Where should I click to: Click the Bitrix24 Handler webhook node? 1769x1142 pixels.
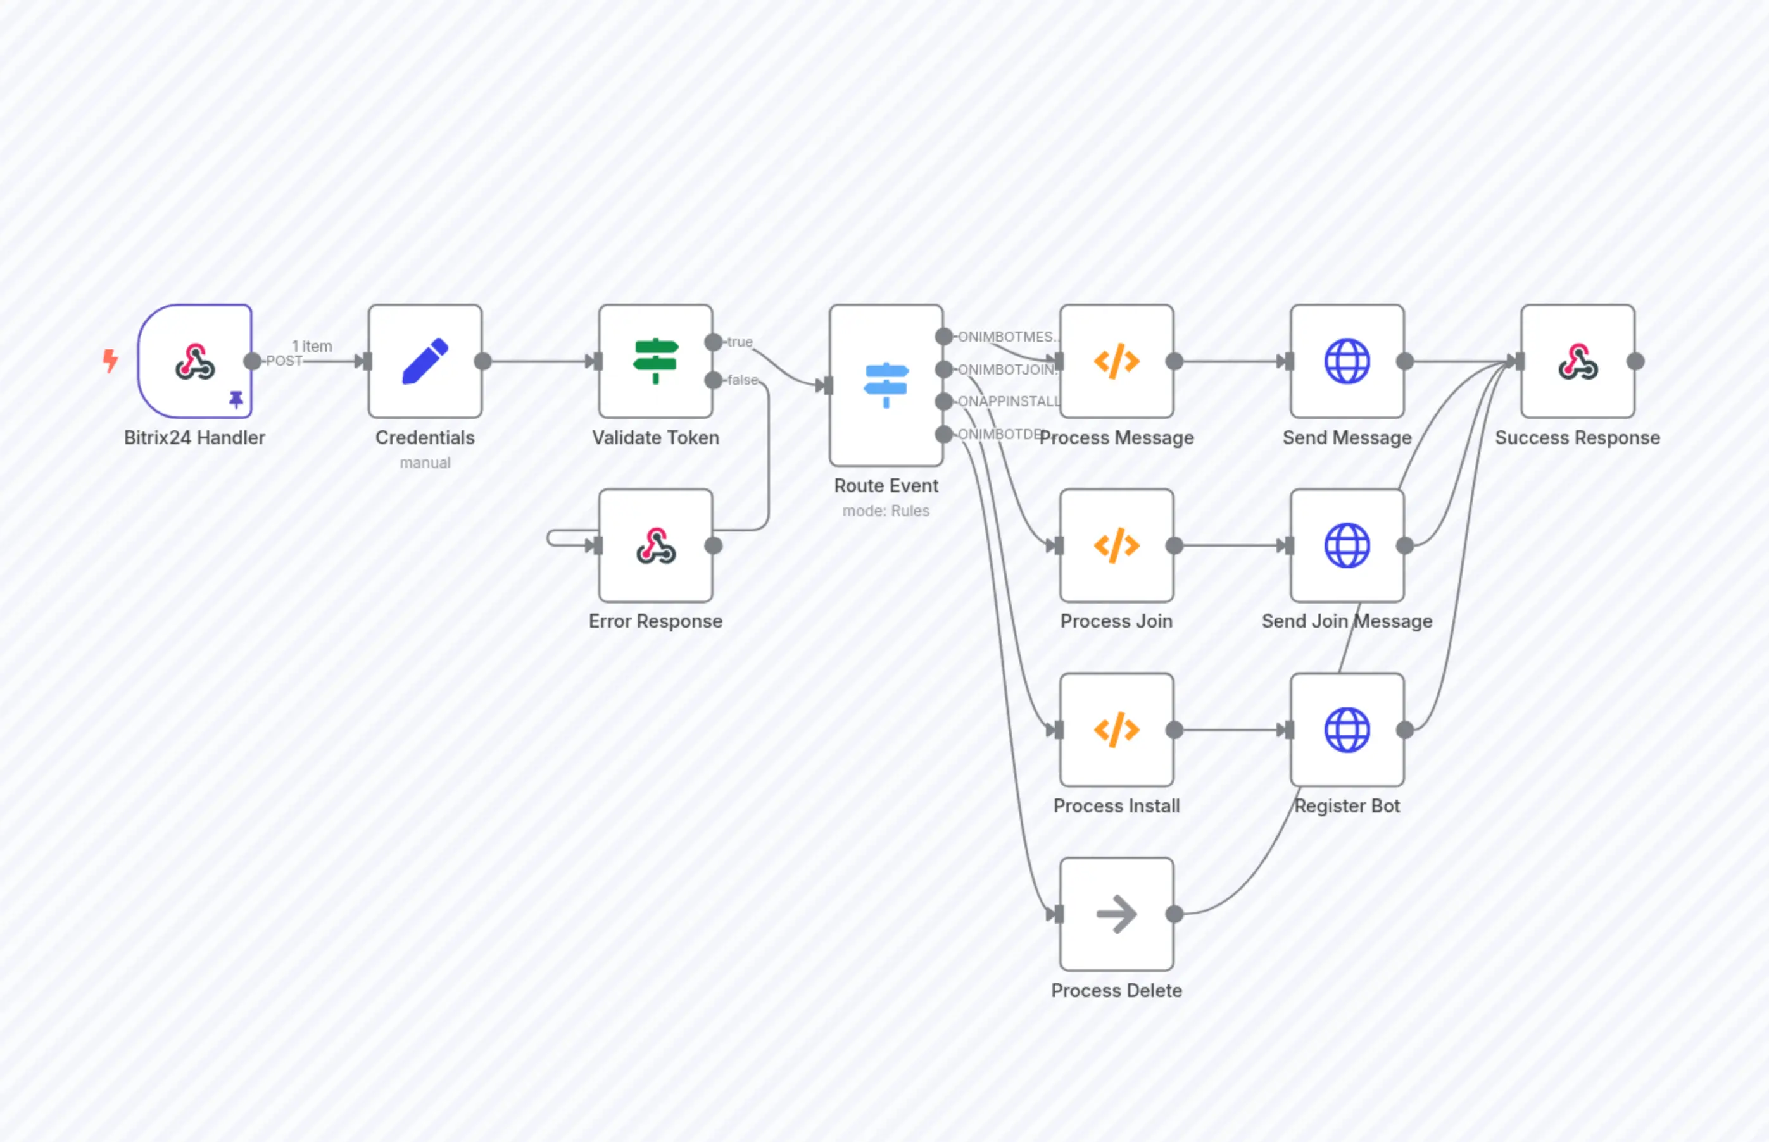194,361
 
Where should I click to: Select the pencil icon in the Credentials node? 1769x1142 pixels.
425,361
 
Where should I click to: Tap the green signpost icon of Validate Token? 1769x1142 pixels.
655,361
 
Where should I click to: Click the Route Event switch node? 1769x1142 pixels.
886,385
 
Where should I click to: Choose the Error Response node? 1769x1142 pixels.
655,546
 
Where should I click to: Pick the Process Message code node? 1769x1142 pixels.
1116,361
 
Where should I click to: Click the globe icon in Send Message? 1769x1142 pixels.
1347,361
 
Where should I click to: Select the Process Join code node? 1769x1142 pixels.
1116,546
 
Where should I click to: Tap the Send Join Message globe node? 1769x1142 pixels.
1347,546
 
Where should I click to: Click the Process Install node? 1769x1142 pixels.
1116,729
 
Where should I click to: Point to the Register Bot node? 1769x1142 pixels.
1347,729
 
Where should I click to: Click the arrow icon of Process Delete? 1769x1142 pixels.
1116,914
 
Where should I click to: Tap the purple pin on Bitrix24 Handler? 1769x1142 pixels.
236,400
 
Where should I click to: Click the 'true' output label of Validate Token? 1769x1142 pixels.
740,342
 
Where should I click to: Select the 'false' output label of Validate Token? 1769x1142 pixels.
743,380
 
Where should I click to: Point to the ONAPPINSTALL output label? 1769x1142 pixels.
1009,401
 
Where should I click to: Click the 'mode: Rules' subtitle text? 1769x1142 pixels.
886,511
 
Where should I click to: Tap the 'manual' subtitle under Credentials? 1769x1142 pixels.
425,462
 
